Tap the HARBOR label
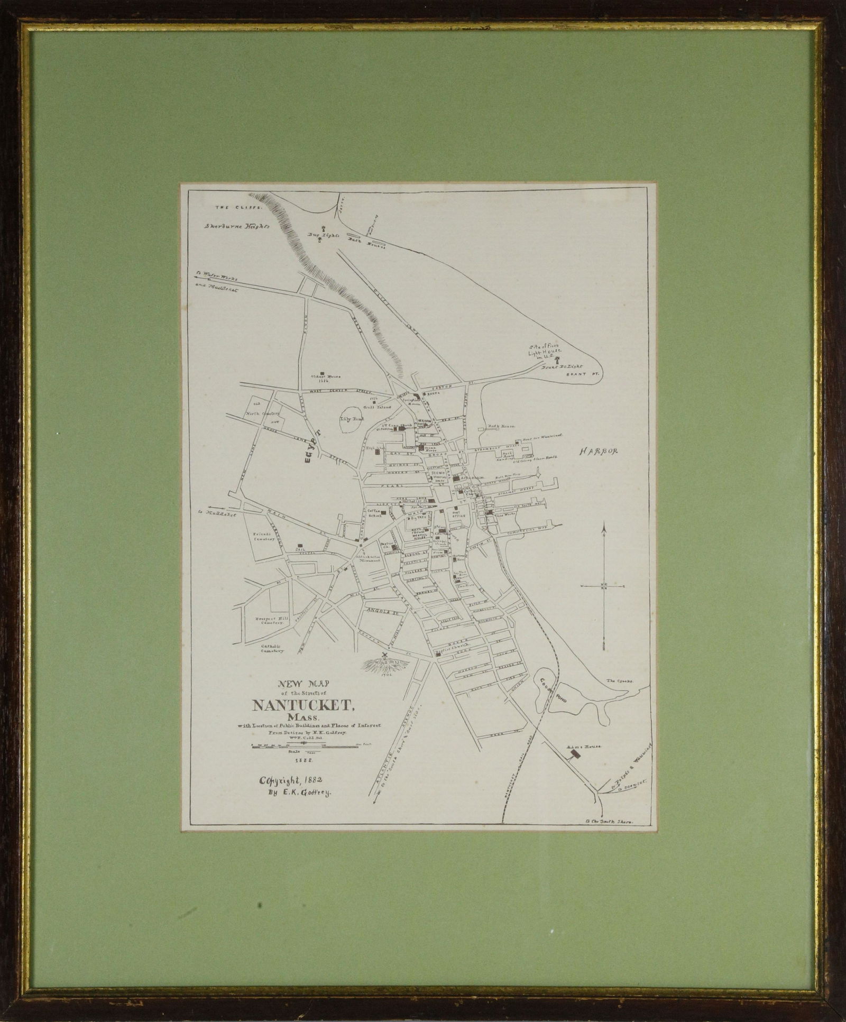[x=598, y=452]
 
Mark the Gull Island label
[x=377, y=407]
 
